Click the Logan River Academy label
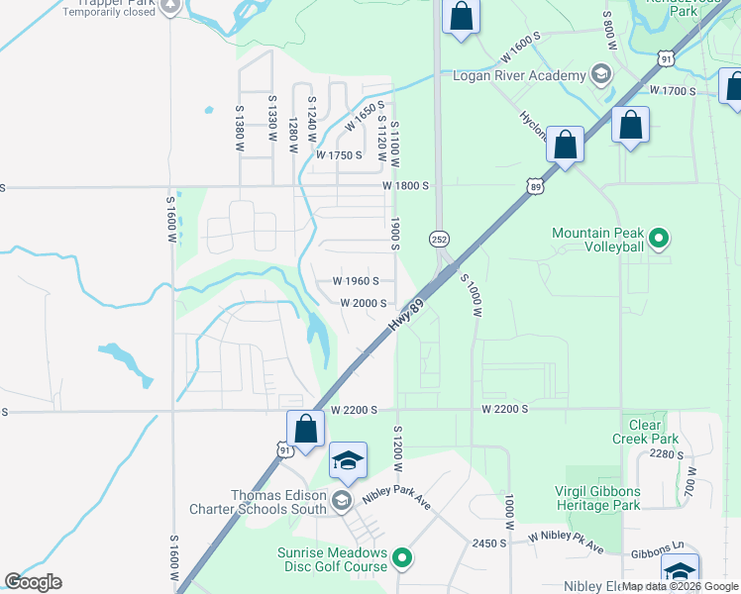(519, 76)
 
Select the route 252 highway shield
(438, 240)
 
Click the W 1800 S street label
(407, 185)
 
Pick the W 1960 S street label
(356, 281)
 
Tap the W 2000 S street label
(363, 303)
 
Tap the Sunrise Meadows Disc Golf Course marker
(402, 559)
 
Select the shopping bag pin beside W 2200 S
(305, 430)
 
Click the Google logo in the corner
(33, 581)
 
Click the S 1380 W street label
(240, 128)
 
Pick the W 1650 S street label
(364, 118)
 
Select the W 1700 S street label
(673, 91)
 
